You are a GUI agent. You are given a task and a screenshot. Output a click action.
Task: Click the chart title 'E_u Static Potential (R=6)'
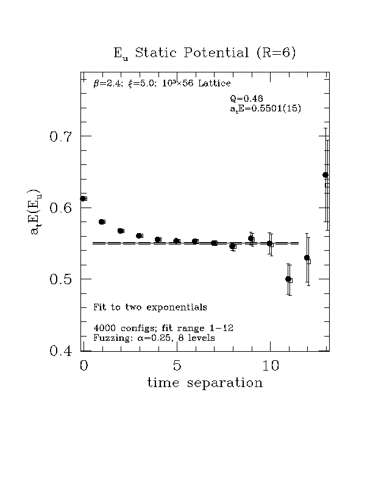(x=205, y=53)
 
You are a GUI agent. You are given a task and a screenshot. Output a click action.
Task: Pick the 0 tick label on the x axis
(x=84, y=366)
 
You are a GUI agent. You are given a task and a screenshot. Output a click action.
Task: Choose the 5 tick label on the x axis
(x=177, y=366)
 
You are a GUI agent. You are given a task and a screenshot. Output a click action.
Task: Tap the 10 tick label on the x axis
(x=270, y=366)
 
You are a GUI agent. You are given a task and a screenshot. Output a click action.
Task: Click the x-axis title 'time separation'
(x=205, y=383)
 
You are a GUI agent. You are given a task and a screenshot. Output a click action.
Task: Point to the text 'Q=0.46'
(x=247, y=99)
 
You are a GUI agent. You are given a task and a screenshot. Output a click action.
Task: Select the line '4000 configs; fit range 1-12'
(x=151, y=328)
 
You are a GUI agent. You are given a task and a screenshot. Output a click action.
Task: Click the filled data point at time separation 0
(x=83, y=198)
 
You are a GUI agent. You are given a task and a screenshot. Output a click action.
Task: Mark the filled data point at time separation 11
(x=288, y=279)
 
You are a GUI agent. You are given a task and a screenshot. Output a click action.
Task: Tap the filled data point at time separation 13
(x=325, y=175)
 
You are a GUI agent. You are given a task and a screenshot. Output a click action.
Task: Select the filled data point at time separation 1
(x=101, y=222)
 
